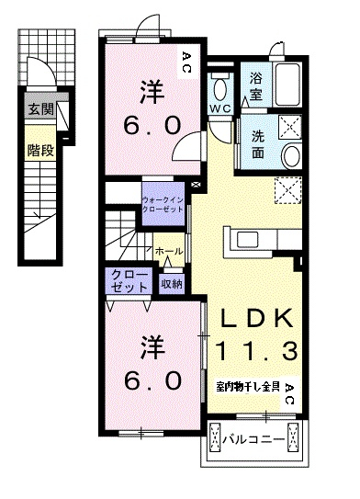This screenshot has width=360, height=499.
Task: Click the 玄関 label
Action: click(40, 109)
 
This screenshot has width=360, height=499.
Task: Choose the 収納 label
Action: click(172, 285)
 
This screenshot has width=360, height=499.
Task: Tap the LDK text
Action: click(256, 318)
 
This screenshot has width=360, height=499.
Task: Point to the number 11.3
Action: click(256, 350)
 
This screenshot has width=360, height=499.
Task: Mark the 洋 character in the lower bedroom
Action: click(151, 348)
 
